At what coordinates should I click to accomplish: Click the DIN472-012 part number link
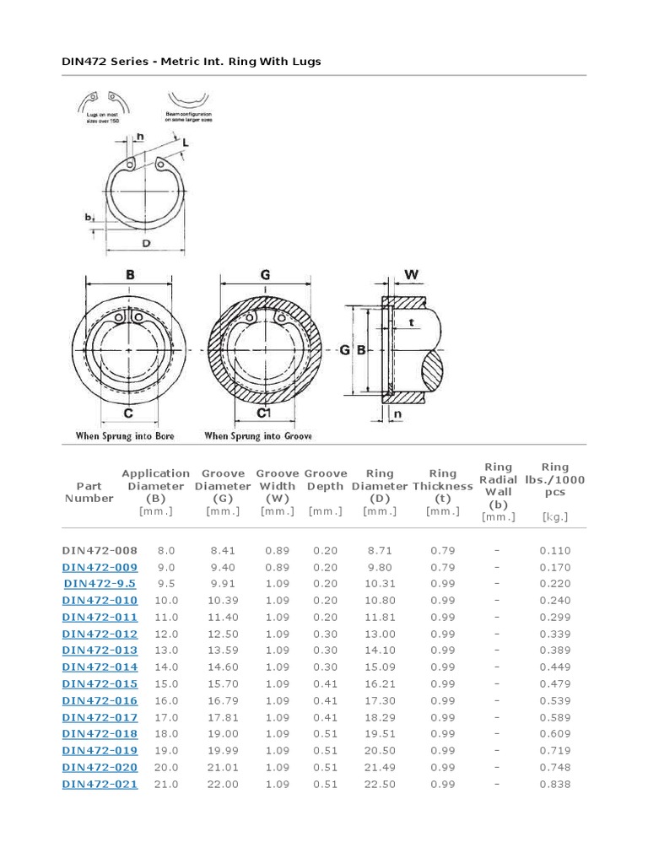(100, 634)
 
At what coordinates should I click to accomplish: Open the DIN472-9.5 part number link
(100, 584)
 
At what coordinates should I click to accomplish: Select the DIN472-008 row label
(100, 550)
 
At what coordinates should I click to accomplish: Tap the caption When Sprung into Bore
(126, 436)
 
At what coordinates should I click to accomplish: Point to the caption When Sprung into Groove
(258, 436)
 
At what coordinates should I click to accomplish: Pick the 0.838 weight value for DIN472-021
(554, 784)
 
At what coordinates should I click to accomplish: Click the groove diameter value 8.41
(223, 550)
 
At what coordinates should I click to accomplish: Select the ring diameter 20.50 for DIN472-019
(380, 751)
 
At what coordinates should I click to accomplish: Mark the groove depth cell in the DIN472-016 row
(325, 700)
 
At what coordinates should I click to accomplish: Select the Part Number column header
(89, 492)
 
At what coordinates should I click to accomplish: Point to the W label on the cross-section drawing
(412, 274)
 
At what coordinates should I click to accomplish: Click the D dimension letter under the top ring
(146, 245)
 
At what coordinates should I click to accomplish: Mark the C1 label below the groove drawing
(263, 413)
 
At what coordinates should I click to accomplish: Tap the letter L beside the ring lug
(185, 144)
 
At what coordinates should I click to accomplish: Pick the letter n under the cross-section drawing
(397, 414)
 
